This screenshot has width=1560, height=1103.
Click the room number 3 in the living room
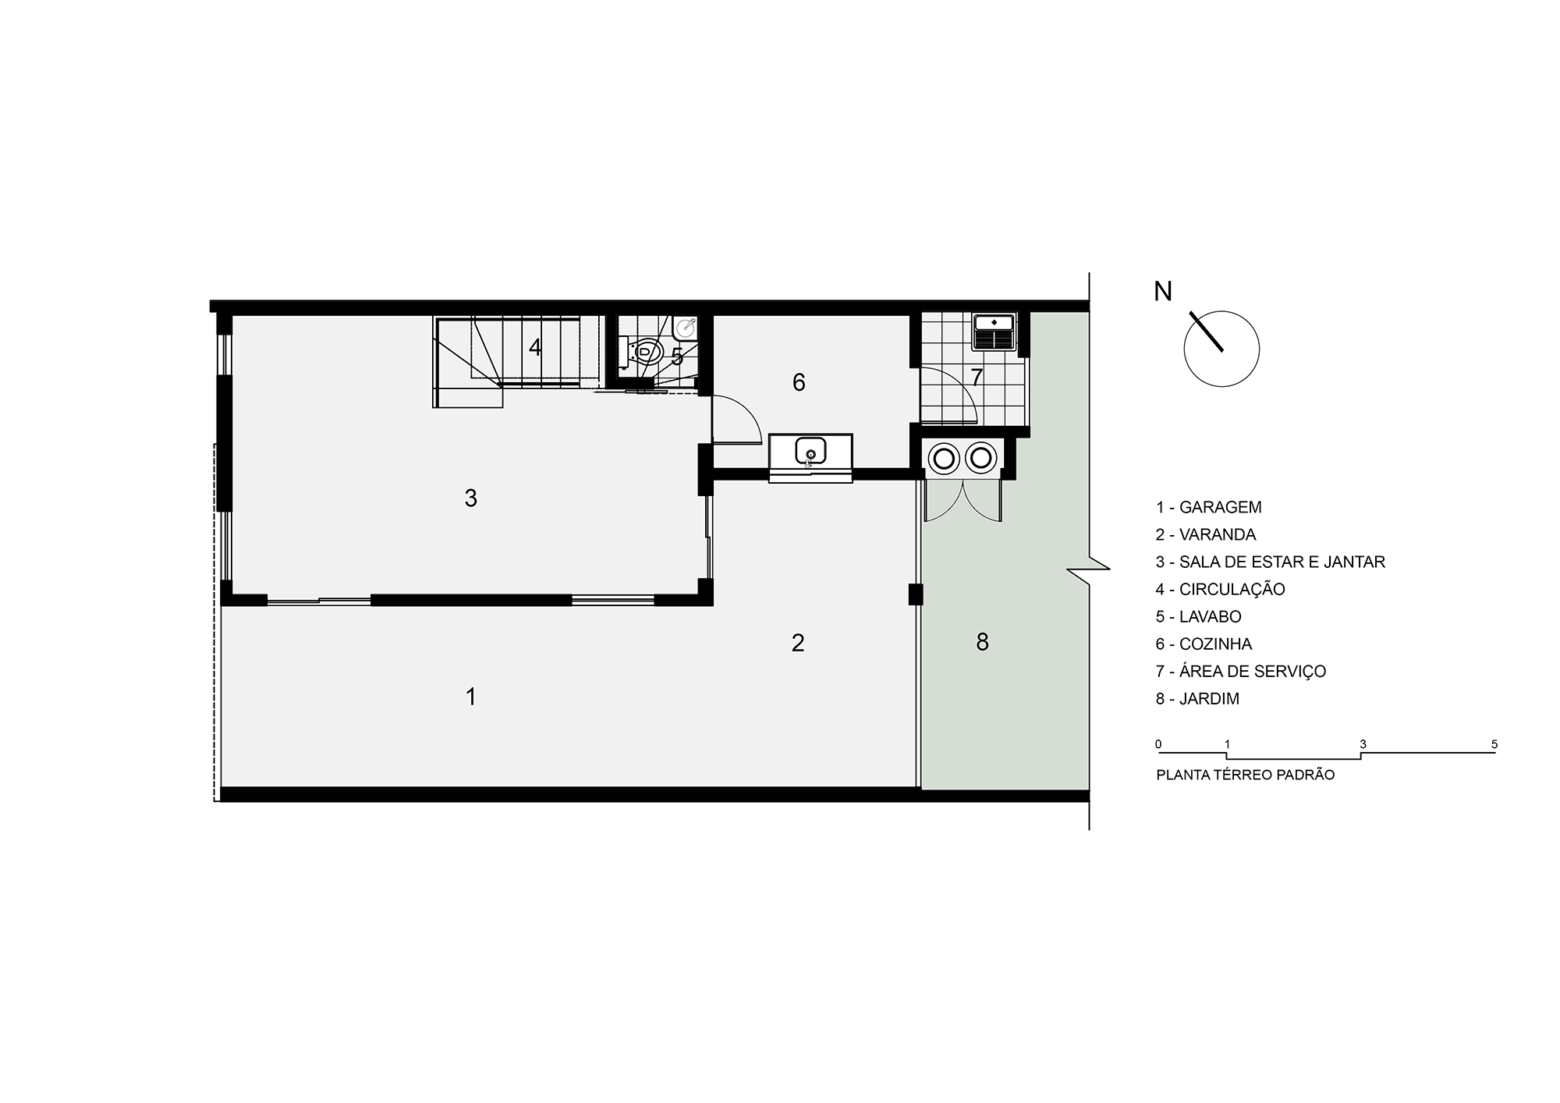(x=470, y=498)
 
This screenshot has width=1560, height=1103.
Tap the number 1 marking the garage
(x=470, y=697)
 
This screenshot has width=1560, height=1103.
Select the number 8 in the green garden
(x=982, y=642)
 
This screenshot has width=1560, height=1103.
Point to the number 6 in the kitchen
(x=799, y=382)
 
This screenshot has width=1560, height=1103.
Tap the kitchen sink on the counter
(x=810, y=451)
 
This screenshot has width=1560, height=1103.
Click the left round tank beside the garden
(x=944, y=457)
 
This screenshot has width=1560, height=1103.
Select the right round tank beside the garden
(x=981, y=457)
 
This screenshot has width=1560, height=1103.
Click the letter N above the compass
(x=1163, y=292)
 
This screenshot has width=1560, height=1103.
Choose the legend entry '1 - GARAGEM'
(x=1209, y=507)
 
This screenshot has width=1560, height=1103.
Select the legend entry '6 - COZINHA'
(x=1204, y=644)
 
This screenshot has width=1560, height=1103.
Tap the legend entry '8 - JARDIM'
(x=1198, y=699)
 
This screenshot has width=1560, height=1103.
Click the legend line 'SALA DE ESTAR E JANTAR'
(x=1282, y=562)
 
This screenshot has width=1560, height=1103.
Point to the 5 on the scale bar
(x=1494, y=744)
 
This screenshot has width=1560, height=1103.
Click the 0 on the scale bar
(x=1159, y=744)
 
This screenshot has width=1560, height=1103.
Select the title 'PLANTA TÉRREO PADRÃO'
(x=1246, y=775)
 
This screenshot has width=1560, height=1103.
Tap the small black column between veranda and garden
(x=916, y=594)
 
